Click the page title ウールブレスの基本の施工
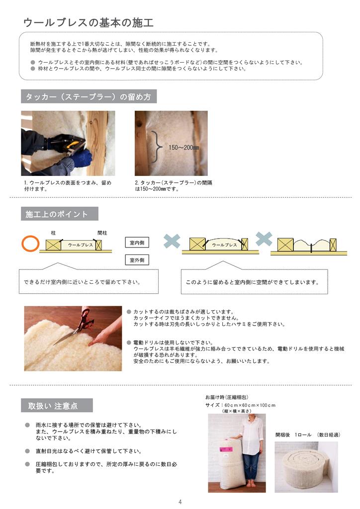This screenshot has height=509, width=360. click(89, 22)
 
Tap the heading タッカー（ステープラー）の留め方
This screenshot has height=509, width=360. click(89, 96)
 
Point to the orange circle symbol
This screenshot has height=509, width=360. click(30, 244)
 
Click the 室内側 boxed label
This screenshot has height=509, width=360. click(137, 243)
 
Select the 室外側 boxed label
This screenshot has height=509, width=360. click(137, 259)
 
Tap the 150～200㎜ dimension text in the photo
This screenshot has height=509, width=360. click(183, 147)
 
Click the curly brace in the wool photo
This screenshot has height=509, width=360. click(157, 148)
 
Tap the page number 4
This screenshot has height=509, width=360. click(180, 502)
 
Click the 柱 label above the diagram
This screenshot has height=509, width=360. click(53, 233)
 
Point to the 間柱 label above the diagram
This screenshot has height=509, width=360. click(102, 233)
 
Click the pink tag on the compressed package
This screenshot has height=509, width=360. click(226, 449)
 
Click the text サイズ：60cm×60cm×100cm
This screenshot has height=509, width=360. click(240, 405)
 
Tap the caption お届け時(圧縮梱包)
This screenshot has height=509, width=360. click(227, 397)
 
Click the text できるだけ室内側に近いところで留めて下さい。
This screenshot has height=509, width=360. click(82, 282)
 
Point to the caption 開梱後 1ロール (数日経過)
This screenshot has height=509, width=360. click(308, 434)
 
